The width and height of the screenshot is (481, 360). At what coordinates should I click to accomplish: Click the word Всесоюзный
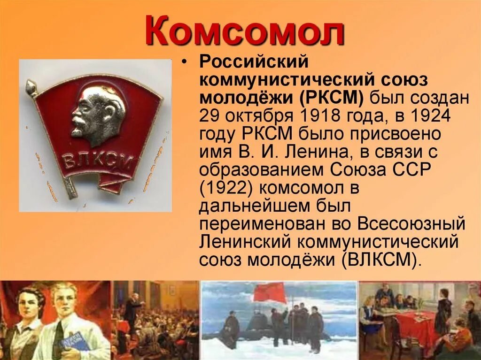[411, 224]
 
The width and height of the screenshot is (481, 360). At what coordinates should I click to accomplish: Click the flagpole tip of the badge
[31, 85]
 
